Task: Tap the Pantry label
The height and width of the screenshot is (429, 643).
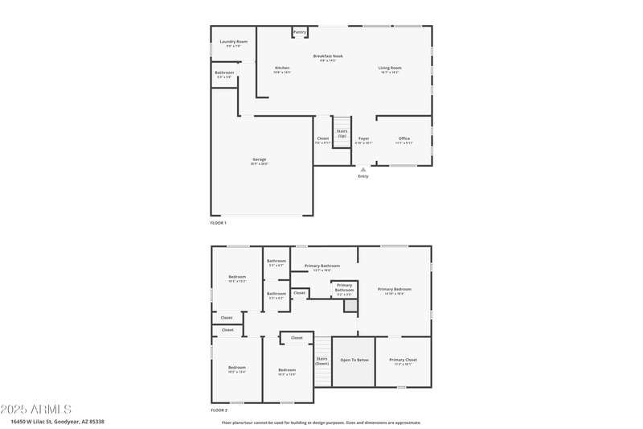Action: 300,32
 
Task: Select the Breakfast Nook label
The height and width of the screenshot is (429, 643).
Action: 328,56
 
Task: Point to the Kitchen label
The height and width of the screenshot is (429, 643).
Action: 282,68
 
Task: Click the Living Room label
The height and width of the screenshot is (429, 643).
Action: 390,68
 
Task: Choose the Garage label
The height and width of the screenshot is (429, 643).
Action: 259,159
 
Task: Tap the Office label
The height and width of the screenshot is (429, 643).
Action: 404,138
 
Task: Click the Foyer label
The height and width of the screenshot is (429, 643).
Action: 363,138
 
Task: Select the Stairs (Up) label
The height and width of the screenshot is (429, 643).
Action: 342,134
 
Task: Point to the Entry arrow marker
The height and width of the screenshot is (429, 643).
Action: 363,169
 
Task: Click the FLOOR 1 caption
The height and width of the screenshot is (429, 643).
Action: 219,222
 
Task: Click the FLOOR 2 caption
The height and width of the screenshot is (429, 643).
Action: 219,410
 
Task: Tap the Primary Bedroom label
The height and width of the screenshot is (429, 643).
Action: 395,289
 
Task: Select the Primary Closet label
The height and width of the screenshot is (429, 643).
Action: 403,360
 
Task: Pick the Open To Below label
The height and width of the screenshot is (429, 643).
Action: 354,360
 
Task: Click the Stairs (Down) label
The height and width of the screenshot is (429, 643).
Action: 321,361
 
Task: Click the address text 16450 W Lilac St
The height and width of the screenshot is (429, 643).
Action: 57,421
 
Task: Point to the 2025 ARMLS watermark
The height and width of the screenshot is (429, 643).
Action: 36,410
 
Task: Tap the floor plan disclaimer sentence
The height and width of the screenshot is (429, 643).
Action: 321,423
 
